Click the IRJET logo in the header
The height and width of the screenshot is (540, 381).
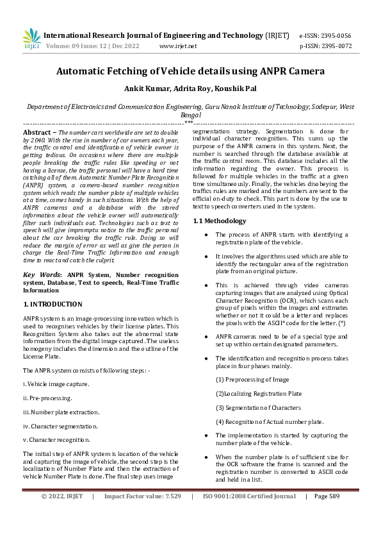point(32,39)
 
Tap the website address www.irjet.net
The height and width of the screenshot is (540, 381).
point(178,46)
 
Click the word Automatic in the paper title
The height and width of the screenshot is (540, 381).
point(87,72)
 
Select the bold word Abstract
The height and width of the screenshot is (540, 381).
point(38,130)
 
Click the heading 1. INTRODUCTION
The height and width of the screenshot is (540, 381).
point(53,304)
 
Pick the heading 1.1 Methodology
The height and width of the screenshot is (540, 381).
point(220,221)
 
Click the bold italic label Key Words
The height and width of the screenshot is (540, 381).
point(41,274)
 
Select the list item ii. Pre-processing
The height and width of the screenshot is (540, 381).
point(48,398)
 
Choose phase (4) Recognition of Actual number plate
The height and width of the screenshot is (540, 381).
point(269,421)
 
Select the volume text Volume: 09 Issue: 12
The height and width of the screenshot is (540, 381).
point(80,46)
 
